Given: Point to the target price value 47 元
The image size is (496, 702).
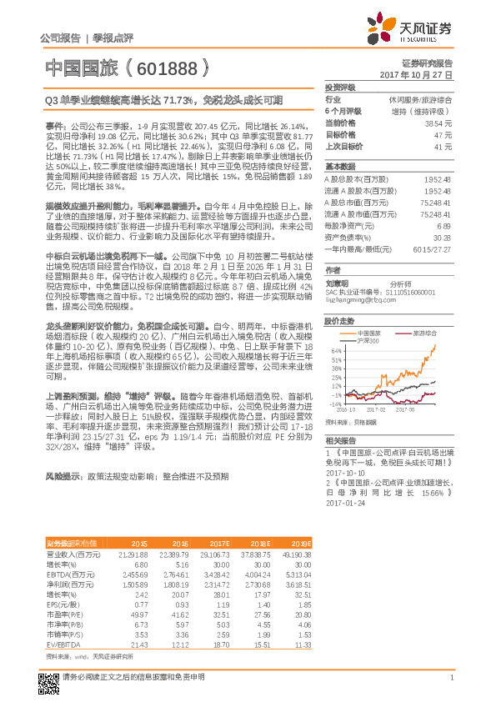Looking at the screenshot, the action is (x=443, y=133).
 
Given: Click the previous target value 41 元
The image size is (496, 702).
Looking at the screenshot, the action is (x=443, y=145).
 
